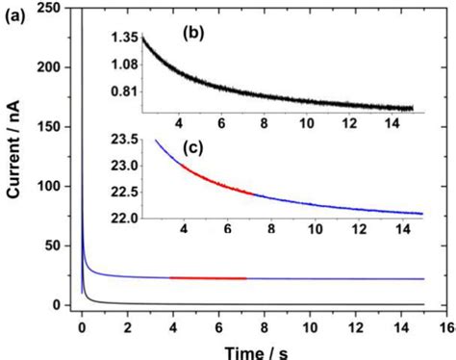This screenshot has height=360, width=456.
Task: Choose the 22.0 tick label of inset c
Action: click(127, 218)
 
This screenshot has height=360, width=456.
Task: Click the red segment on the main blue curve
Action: click(208, 277)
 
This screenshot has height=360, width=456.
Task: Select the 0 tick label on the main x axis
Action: click(83, 325)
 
